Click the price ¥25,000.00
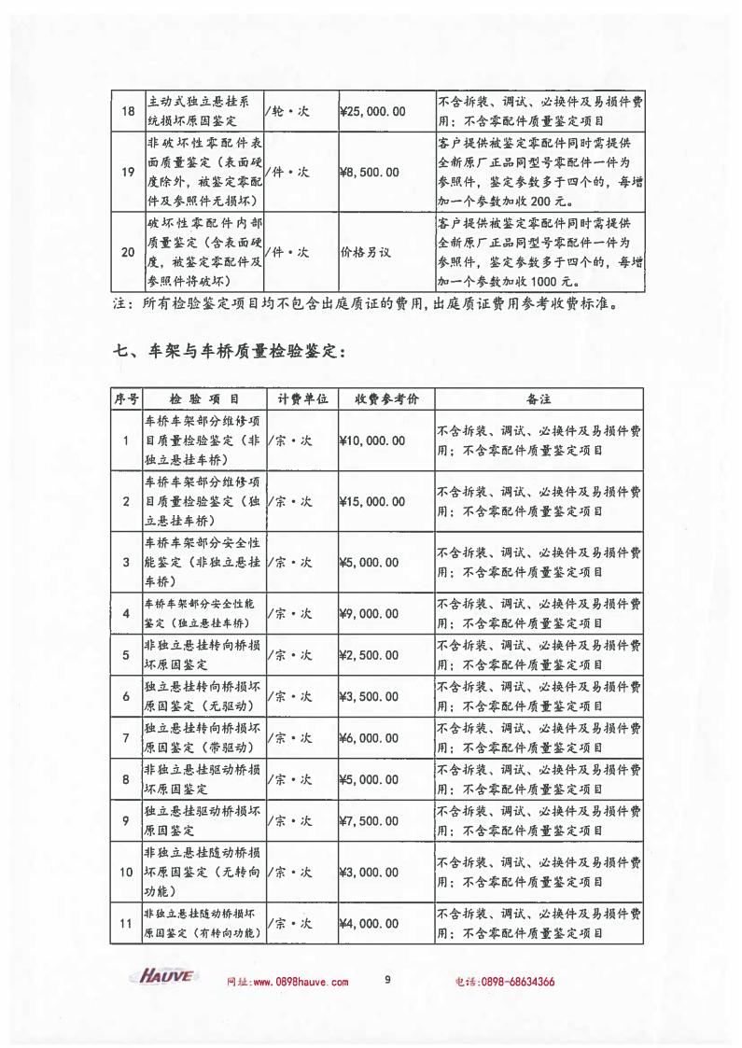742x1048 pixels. (x=373, y=112)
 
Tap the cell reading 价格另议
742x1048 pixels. (x=364, y=252)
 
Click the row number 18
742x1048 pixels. (x=128, y=112)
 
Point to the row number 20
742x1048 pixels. (x=128, y=252)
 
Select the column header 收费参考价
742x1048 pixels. (x=385, y=398)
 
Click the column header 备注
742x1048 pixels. (x=539, y=398)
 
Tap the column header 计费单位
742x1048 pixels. (x=301, y=398)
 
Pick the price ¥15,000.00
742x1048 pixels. (x=373, y=501)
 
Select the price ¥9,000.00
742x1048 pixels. (x=371, y=613)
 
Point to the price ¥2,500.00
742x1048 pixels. (x=371, y=655)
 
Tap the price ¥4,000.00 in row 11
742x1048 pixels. (x=371, y=924)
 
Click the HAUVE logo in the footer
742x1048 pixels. (x=166, y=977)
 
